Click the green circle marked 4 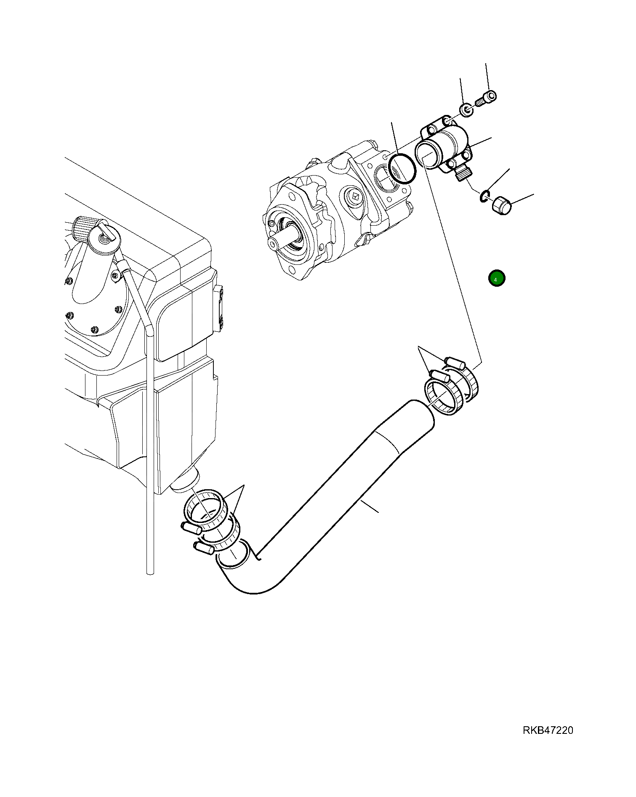coord(497,278)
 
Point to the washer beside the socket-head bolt coord(466,110)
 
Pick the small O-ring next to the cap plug coord(485,196)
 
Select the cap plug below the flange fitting coord(501,205)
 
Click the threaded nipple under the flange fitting coord(463,173)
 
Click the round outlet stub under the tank coord(187,482)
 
